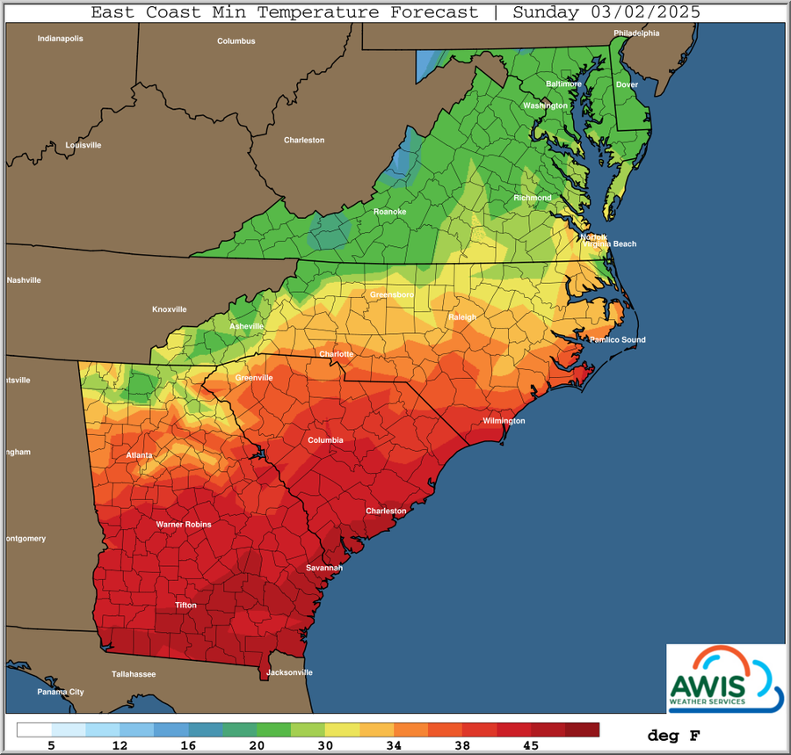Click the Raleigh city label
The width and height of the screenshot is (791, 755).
pos(462,317)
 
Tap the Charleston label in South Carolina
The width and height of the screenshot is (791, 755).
pos(387,511)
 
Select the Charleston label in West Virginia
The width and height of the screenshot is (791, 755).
pos(304,140)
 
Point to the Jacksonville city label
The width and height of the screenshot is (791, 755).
pos(289,672)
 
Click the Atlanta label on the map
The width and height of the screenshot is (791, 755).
pos(139,455)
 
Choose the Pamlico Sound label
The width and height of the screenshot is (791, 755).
pos(617,339)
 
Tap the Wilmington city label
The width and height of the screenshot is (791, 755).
pos(504,421)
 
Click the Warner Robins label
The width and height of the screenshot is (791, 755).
pos(184,525)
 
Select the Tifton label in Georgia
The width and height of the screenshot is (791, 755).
pos(185,605)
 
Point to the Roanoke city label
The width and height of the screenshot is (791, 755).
pos(389,211)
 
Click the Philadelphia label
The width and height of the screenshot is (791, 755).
pos(636,33)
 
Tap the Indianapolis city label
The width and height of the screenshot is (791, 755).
pos(60,39)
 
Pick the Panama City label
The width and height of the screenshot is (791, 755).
pos(61,692)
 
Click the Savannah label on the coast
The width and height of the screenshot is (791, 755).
pos(323,568)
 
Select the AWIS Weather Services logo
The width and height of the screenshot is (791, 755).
pos(724,678)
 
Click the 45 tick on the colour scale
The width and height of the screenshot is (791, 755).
pos(531,745)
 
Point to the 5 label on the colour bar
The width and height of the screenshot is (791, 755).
pos(51,745)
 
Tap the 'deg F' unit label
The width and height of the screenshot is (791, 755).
pos(674,735)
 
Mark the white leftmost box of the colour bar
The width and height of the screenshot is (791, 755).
pos(33,730)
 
